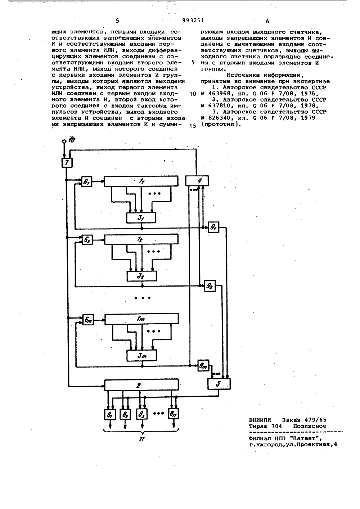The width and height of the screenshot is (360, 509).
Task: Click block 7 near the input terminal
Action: (x=67, y=163)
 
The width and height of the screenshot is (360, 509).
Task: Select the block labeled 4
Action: (x=197, y=181)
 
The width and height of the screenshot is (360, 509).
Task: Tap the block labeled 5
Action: (x=219, y=384)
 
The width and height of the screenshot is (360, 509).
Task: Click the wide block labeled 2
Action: (x=141, y=385)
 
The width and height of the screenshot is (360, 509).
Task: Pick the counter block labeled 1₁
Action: (x=141, y=181)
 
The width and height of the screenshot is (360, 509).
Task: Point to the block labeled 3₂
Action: (x=141, y=276)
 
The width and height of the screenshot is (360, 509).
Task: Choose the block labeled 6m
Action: (x=88, y=320)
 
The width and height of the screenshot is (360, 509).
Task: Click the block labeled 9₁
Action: (x=213, y=227)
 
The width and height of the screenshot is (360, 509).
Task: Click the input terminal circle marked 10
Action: (x=64, y=141)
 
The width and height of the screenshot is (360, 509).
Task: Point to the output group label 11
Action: (x=141, y=439)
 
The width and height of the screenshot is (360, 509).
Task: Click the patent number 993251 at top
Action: (x=193, y=21)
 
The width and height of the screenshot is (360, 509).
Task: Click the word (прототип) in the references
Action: (x=221, y=124)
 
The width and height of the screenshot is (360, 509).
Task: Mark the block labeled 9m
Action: (x=203, y=366)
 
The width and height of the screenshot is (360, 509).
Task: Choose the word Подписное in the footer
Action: (x=310, y=426)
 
